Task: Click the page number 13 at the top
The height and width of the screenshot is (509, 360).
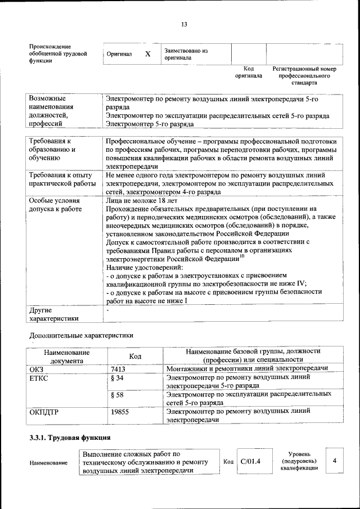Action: tap(183, 24)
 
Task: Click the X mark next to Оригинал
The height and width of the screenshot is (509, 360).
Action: tap(147, 55)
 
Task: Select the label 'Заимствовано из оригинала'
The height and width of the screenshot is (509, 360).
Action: tap(186, 55)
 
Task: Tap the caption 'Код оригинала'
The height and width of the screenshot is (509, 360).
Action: tap(249, 72)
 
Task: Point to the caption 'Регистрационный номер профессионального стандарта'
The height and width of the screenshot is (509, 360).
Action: tap(304, 75)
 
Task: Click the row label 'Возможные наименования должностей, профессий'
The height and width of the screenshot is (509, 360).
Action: tap(54, 111)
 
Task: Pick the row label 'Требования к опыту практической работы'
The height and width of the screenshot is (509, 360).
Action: tap(61, 179)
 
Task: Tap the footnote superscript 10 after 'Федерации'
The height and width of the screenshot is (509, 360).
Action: tap(242, 256)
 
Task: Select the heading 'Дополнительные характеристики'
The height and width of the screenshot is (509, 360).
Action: tap(81, 335)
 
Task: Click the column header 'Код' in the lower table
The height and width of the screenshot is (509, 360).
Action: tap(135, 356)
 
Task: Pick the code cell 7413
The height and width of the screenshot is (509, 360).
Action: tap(118, 369)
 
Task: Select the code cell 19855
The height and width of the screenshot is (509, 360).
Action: tap(120, 412)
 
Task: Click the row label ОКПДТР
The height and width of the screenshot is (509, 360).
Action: tap(44, 412)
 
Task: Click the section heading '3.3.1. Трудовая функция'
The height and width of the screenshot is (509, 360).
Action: tap(69, 437)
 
